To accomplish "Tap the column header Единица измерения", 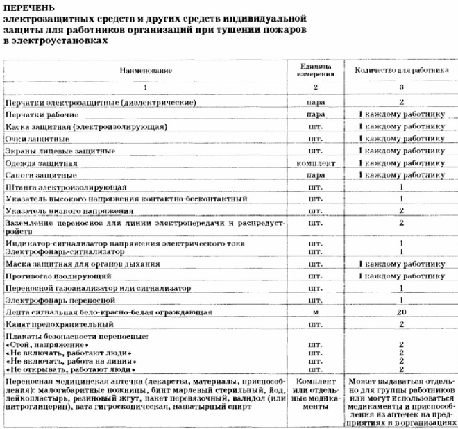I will (x=316, y=70).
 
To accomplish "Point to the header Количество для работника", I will (x=397, y=71).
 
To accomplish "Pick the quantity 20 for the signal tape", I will (x=400, y=312).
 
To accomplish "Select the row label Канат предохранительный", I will (x=58, y=325).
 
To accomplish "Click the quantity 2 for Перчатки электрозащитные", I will (x=401, y=102).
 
